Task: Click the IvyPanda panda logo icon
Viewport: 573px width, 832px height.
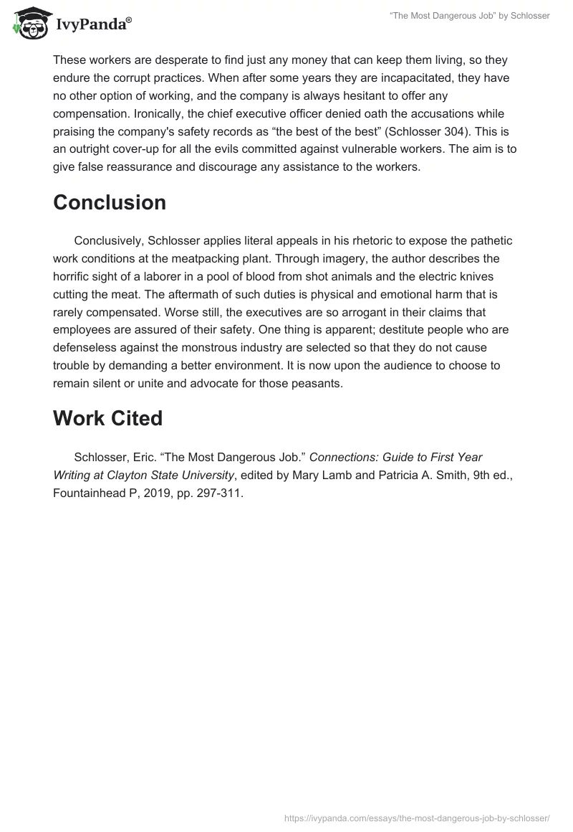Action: [27, 22]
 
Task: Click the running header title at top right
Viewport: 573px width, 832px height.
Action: [469, 16]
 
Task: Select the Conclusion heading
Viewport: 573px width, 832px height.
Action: [109, 203]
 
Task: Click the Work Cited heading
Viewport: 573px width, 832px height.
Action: [107, 419]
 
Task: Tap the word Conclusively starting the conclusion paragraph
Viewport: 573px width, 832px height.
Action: [109, 241]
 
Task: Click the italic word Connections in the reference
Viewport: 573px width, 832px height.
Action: [342, 457]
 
